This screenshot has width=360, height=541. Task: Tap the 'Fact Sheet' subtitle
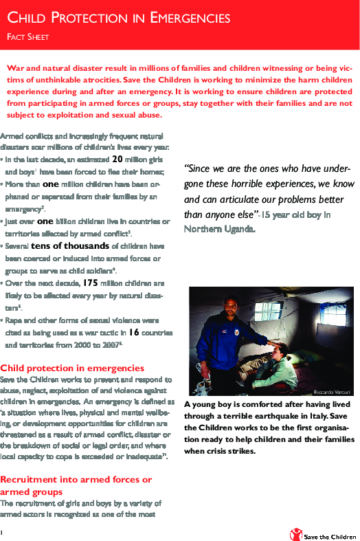point(28,37)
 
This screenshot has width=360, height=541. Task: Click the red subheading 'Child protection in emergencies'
point(72,368)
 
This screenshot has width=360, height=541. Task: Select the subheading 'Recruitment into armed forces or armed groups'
point(76,485)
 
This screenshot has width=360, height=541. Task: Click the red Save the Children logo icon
point(295,533)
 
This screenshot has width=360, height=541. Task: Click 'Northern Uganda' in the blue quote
point(220,229)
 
